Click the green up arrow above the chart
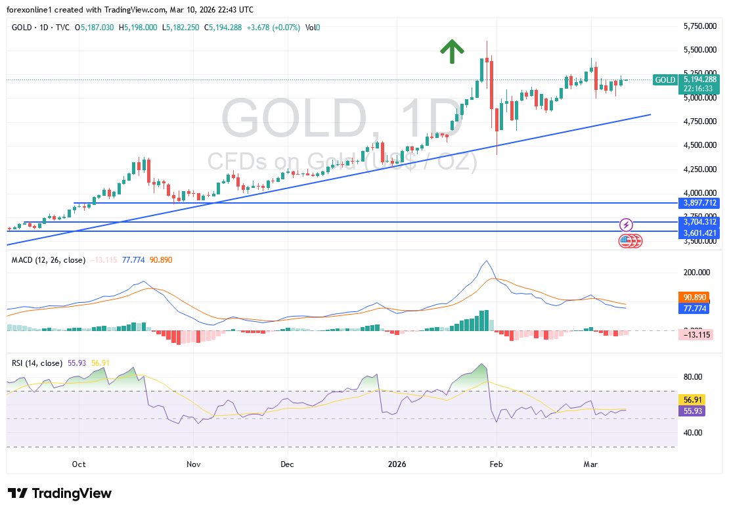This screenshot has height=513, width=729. point(452,51)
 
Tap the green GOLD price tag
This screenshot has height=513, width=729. point(665,80)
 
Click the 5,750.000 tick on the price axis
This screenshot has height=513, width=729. point(699,26)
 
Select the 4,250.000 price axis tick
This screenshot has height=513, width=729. point(699,169)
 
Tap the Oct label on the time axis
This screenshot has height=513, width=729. point(79,464)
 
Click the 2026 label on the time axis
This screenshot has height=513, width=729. point(396,464)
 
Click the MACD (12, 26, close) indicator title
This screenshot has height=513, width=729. point(48,260)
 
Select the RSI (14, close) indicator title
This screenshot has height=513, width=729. point(37,363)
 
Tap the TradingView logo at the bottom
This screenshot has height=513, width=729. point(60,493)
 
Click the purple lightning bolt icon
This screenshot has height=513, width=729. point(626,225)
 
